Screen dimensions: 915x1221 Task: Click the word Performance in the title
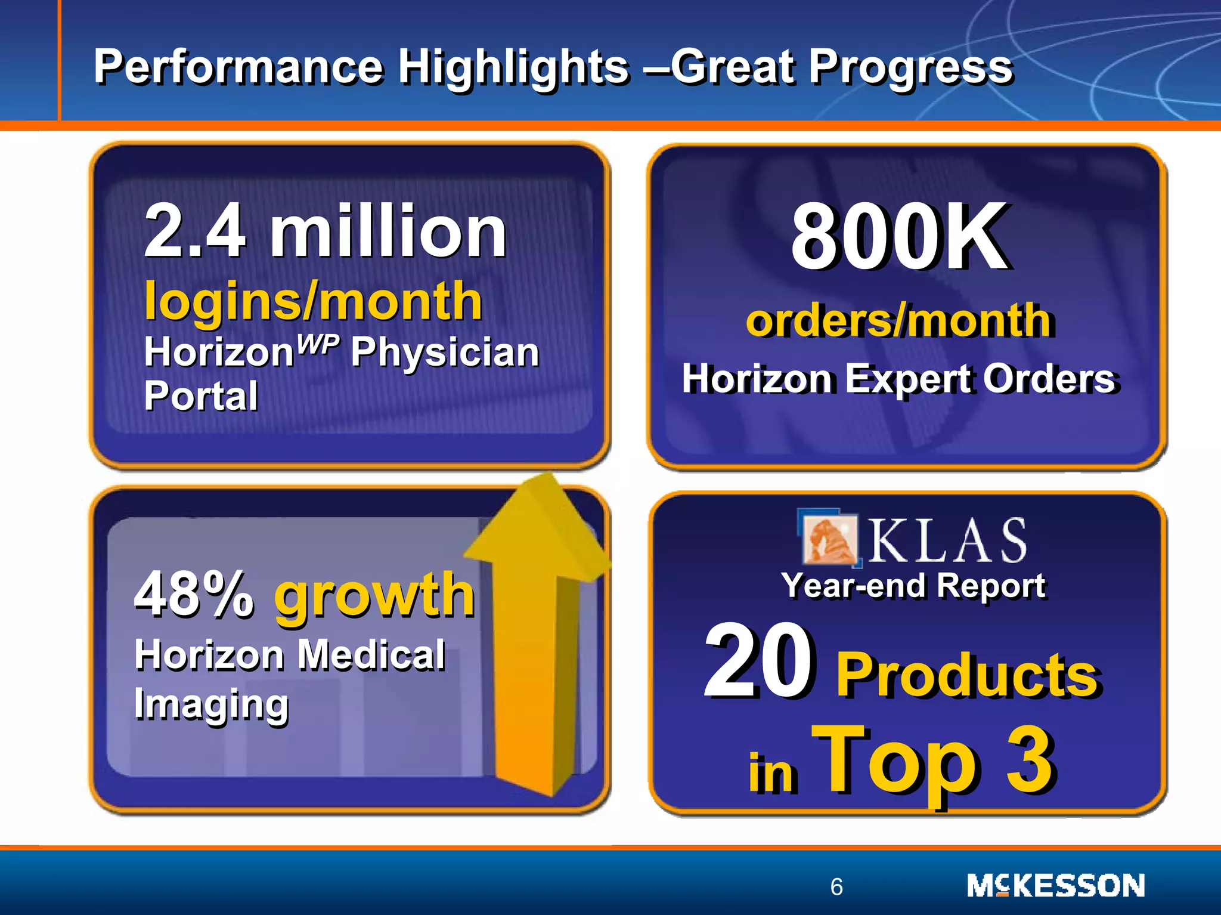point(238,67)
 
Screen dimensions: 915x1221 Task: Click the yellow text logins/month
point(313,301)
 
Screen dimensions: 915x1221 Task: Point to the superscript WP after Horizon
point(318,344)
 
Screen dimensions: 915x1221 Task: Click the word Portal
point(201,396)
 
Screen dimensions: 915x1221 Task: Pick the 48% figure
point(194,594)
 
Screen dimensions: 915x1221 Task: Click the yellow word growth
point(374,595)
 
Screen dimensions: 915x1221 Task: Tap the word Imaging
point(211,704)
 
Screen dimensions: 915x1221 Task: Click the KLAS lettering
point(947,541)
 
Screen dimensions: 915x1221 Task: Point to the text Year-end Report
point(913,586)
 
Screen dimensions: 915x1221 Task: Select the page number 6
point(836,887)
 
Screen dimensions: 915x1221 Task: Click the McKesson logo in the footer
point(1055,886)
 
